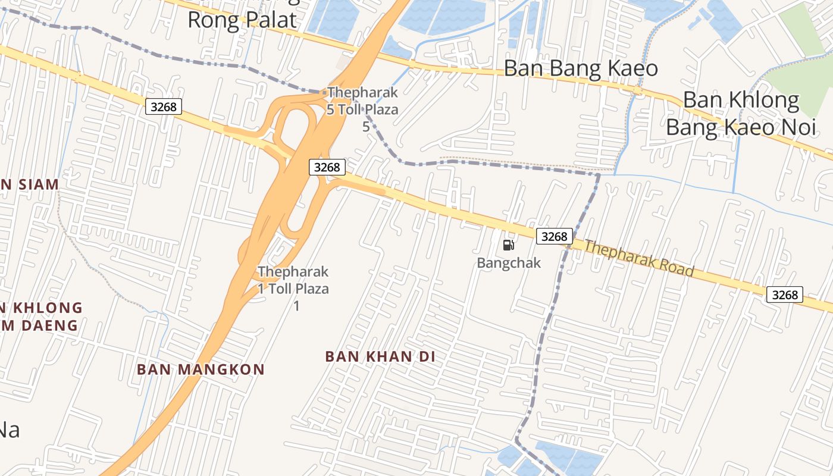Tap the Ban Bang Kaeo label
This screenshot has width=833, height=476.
coord(581,68)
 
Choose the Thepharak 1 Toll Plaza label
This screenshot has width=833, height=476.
coord(293,280)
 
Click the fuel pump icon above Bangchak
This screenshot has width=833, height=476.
coord(509,245)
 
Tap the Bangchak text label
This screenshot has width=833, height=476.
coord(509,262)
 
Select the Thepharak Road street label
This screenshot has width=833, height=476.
coord(639,258)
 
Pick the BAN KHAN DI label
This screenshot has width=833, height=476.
coord(380,356)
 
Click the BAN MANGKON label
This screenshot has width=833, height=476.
coord(201,369)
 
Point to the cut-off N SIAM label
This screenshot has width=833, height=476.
coord(30,184)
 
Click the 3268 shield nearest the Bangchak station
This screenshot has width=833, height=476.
coord(555,236)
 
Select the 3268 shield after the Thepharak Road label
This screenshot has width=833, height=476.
coord(784,295)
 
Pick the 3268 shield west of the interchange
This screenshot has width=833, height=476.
coord(163,107)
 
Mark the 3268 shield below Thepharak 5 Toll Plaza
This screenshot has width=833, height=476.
coord(327,167)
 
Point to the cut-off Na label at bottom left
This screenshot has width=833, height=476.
coord(9,430)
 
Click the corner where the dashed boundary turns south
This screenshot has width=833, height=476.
coord(599,174)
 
